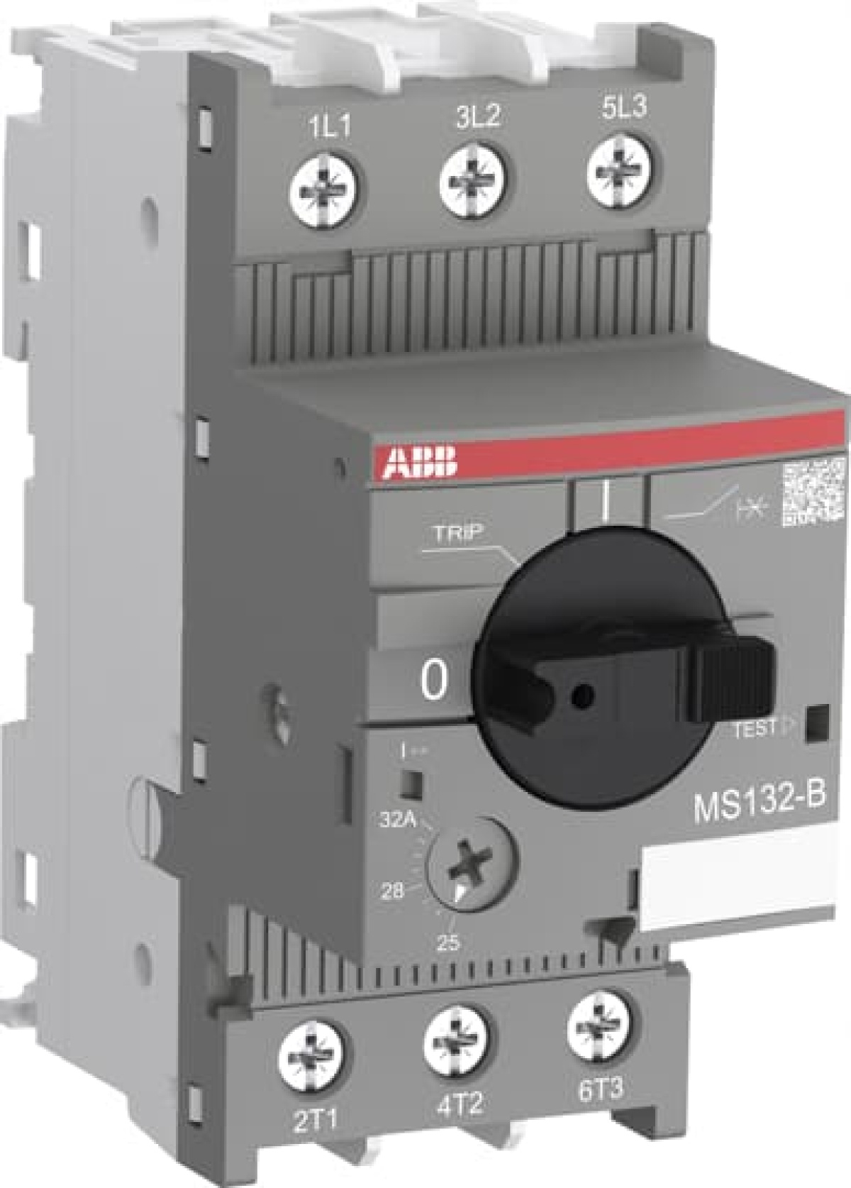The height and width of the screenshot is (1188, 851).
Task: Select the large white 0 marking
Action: pos(435,680)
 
